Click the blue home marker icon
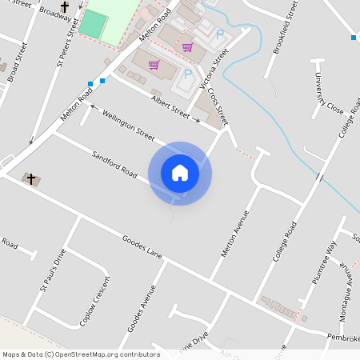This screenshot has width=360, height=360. pyautogui.click(x=180, y=173)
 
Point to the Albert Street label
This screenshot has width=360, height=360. pyautogui.click(x=170, y=108)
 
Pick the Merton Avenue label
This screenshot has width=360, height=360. pyautogui.click(x=234, y=234)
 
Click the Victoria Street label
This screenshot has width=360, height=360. pyautogui.click(x=215, y=69)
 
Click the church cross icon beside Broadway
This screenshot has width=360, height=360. pyautogui.click(x=64, y=7)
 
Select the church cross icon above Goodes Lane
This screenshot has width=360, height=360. pyautogui.click(x=31, y=178)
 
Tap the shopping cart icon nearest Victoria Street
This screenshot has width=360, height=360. pyautogui.click(x=187, y=47)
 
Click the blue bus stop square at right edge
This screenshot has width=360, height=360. pyautogui.click(x=353, y=38)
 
